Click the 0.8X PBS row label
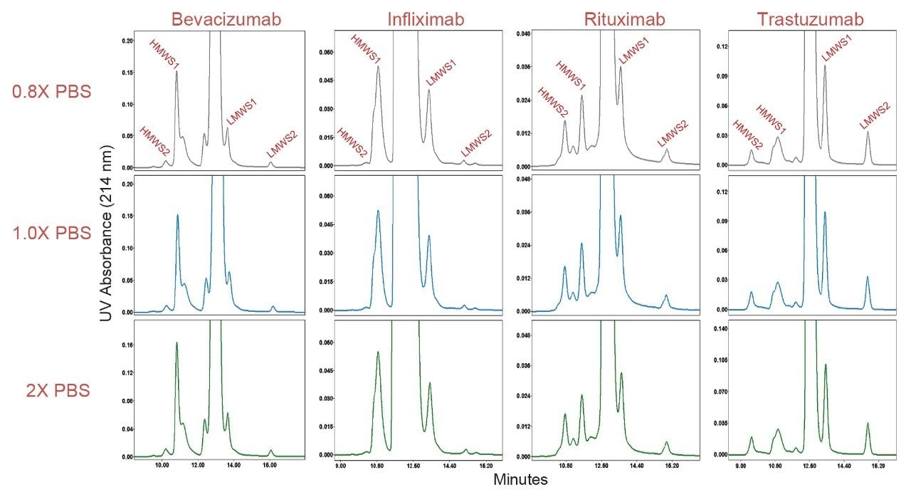(52, 92)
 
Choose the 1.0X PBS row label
(52, 233)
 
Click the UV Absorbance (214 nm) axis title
(106, 242)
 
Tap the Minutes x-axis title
(520, 480)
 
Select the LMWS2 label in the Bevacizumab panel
(282, 145)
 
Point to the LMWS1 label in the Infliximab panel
(441, 73)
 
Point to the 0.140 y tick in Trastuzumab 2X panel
(721, 329)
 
